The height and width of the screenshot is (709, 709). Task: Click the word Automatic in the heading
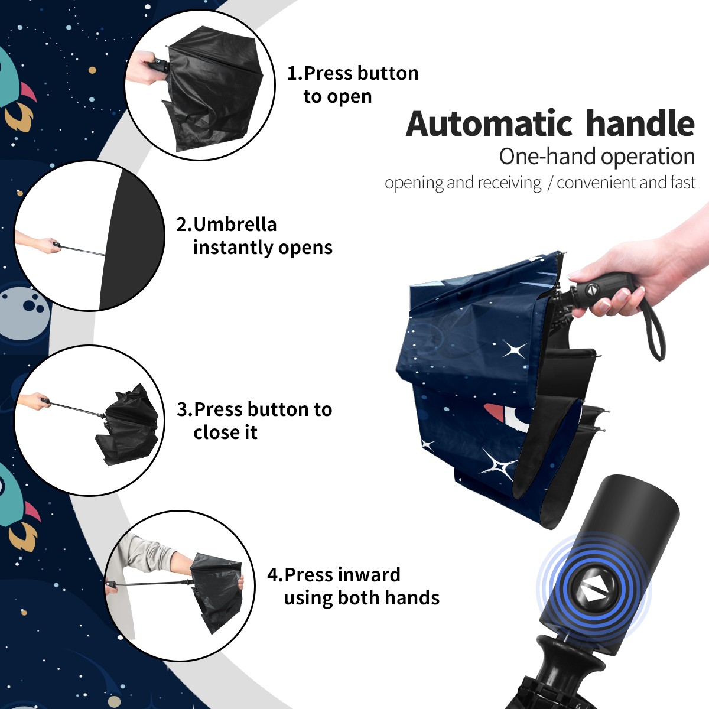(489, 124)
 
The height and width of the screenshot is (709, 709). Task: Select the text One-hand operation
(597, 157)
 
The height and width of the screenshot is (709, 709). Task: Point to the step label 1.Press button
(353, 73)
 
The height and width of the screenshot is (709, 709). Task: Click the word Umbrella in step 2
(235, 225)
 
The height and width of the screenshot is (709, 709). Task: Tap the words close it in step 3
(225, 432)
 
